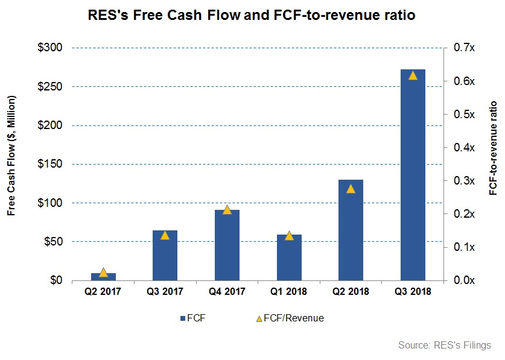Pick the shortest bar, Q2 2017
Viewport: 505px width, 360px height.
click(103, 277)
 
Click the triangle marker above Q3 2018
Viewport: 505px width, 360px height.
click(413, 75)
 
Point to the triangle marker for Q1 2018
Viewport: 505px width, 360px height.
click(289, 235)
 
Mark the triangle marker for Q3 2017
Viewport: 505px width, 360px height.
click(165, 235)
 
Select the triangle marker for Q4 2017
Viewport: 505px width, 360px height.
click(227, 209)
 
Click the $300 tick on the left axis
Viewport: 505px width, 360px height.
click(52, 48)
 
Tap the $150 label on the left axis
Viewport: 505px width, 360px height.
click(52, 164)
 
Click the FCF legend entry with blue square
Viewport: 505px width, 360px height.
click(192, 318)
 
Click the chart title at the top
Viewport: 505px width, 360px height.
click(252, 15)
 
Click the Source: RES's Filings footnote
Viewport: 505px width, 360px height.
click(445, 345)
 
